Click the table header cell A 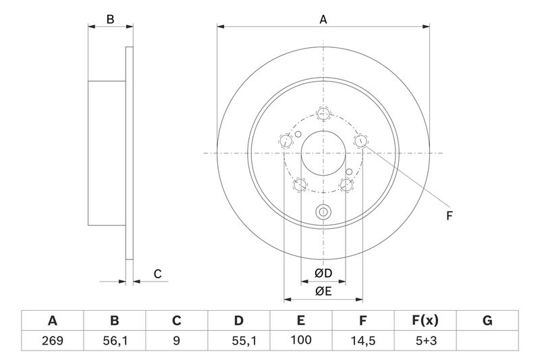point(52,320)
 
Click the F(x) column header point(425,320)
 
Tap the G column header point(487,320)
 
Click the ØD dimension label point(323,274)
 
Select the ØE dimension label point(323,291)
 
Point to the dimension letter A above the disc point(323,20)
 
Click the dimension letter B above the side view point(110,20)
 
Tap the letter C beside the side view point(157,274)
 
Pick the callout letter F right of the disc point(449,216)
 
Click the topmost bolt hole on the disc point(323,113)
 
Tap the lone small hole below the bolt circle point(323,212)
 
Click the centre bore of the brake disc point(323,153)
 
